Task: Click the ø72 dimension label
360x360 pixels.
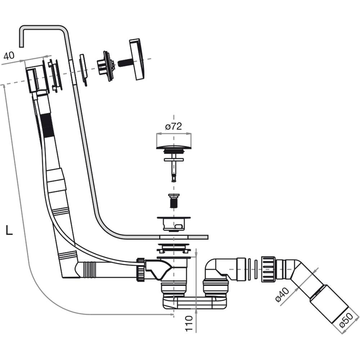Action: click(174, 126)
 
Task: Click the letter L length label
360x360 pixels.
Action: click(9, 230)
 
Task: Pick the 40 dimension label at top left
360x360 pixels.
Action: click(9, 55)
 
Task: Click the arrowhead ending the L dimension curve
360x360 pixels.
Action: click(172, 314)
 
